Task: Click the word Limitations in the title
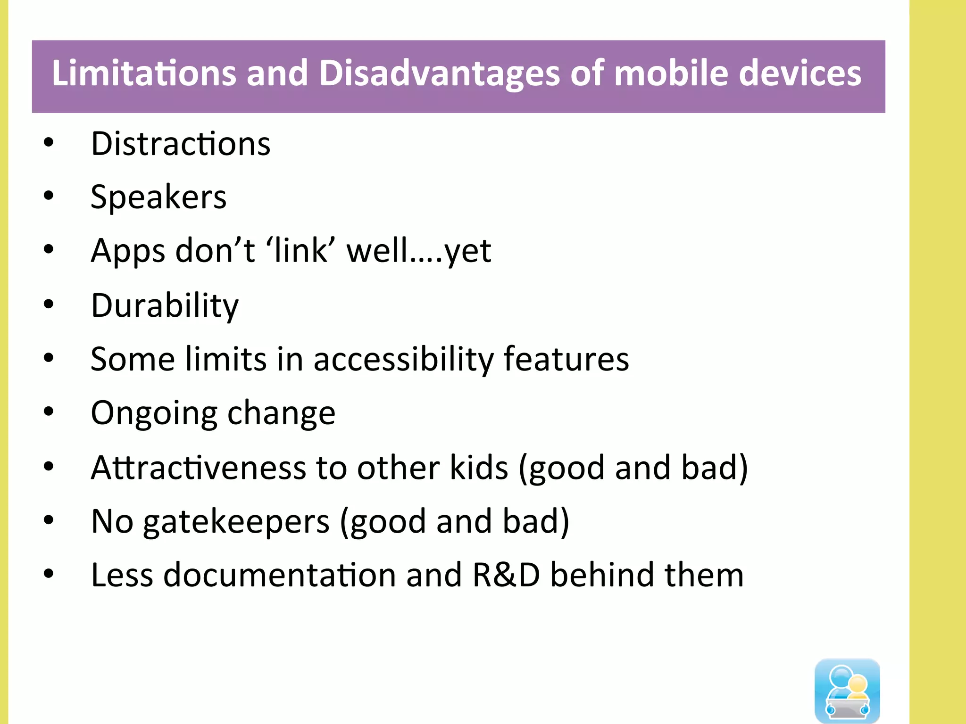pos(144,74)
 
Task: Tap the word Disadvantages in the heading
pos(439,74)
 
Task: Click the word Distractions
pos(181,144)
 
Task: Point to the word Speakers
pos(158,197)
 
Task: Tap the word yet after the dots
pos(468,252)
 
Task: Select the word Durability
pos(165,306)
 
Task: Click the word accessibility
pos(403,360)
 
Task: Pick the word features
pos(566,359)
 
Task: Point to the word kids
pos(479,468)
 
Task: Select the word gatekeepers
pos(236,522)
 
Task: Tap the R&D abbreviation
pos(506,575)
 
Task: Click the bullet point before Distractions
pos(49,143)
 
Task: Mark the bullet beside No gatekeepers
pos(49,520)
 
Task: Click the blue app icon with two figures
pos(847,691)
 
